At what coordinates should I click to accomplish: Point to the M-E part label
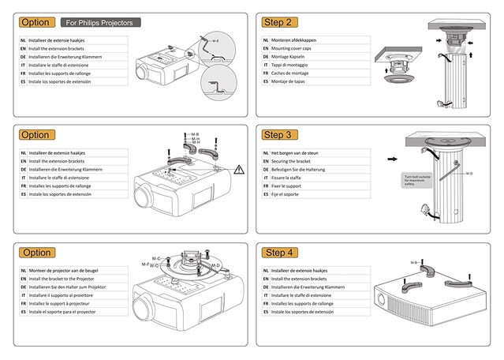215,38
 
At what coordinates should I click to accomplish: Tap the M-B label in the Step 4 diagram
415,261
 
